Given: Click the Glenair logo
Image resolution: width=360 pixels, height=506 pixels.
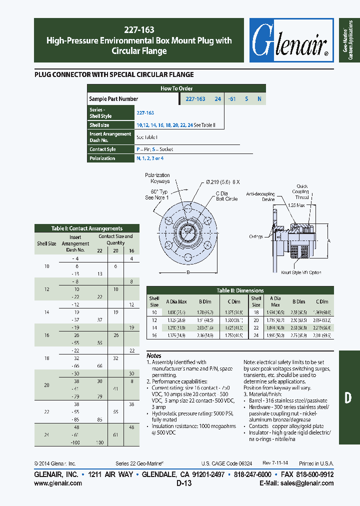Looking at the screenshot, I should [291, 41].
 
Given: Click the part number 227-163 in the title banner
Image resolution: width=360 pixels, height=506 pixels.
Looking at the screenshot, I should [138, 28].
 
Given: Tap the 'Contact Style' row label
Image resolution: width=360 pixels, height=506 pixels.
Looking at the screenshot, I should [102, 149].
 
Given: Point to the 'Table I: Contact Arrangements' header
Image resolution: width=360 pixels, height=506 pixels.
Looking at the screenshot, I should [86, 228].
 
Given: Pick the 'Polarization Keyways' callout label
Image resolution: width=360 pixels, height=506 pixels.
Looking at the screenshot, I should [157, 178].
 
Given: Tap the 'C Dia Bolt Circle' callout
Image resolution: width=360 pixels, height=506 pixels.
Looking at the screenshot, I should [226, 196].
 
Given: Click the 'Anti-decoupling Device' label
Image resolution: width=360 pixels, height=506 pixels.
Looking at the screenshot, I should [260, 196].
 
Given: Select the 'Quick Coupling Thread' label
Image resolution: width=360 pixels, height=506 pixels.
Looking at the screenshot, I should [302, 191].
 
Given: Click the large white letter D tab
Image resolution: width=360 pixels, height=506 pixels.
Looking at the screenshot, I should [348, 397].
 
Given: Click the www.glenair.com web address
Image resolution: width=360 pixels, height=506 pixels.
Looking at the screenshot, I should [58, 483].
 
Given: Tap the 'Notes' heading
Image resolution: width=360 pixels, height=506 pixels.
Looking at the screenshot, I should [154, 356].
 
